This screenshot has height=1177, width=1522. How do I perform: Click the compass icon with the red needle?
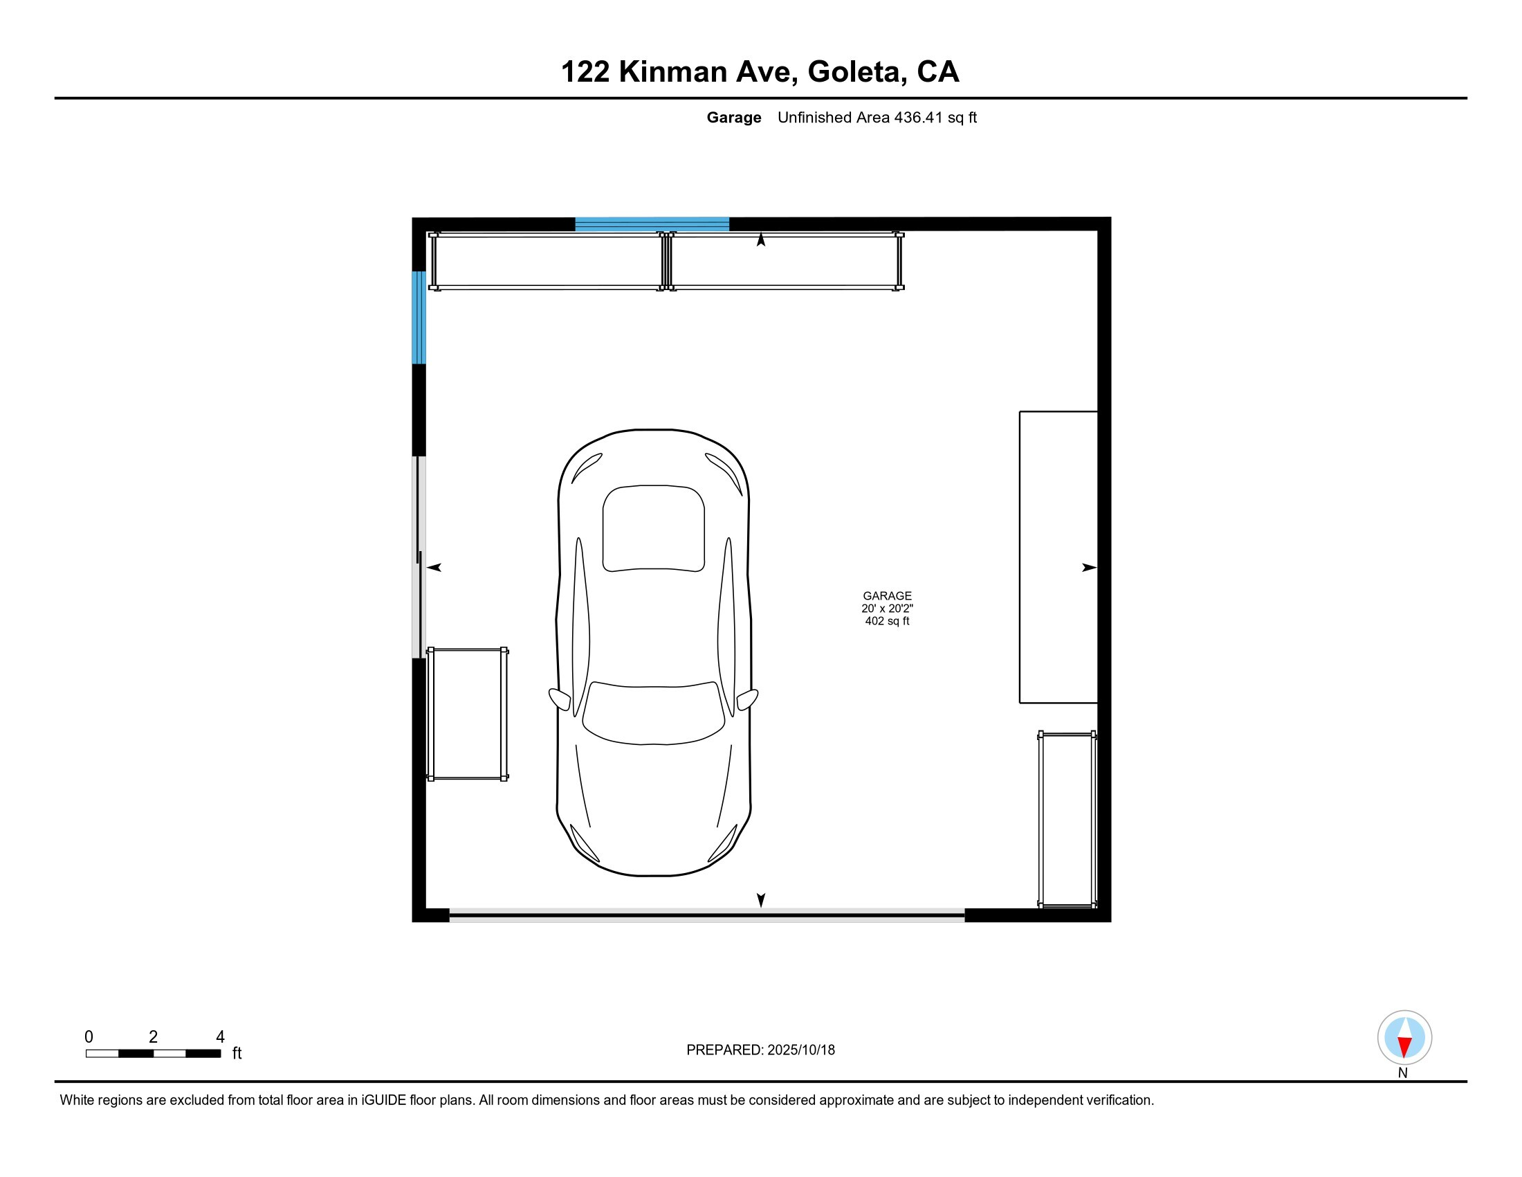[x=1404, y=1037]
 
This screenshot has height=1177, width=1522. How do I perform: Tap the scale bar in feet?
[x=154, y=1053]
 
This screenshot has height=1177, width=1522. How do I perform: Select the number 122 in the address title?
[x=585, y=72]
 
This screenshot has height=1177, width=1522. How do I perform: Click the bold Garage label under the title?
[x=733, y=118]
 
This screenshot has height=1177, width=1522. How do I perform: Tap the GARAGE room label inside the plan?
[x=886, y=596]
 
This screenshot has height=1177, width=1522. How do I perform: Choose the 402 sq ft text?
[x=886, y=621]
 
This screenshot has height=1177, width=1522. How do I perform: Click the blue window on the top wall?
[x=652, y=224]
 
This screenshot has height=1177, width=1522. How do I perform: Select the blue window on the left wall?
[x=419, y=318]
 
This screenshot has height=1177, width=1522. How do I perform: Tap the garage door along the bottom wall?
[x=706, y=915]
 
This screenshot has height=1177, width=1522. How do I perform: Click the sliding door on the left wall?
[x=419, y=557]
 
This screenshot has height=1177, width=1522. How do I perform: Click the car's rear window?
[x=654, y=528]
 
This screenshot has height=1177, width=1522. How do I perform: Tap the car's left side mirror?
[x=559, y=699]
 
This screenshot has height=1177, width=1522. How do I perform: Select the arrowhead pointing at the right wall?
[x=1088, y=568]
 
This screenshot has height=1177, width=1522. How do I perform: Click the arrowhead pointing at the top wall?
[x=761, y=240]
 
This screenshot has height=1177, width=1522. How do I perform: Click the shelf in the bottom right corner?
[x=1067, y=820]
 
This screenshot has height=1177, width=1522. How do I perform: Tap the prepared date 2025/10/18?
[x=800, y=1050]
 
